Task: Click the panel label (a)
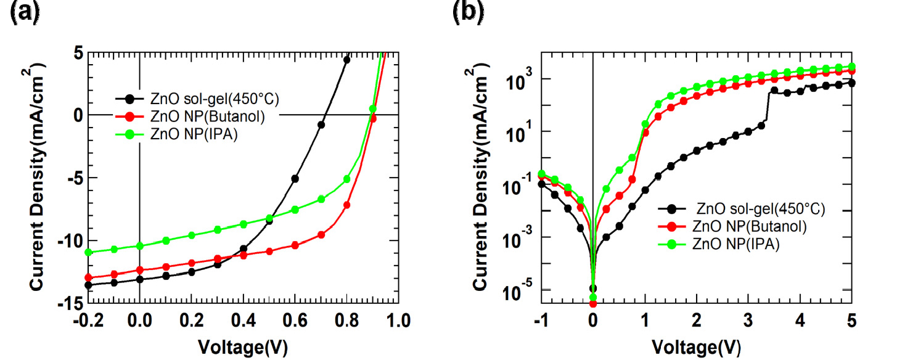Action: pos(24,13)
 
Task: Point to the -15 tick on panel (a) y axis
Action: pos(73,303)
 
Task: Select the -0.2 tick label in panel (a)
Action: pos(88,321)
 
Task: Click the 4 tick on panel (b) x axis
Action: pos(800,321)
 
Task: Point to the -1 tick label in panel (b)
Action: pos(540,321)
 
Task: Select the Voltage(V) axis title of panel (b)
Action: pos(696,345)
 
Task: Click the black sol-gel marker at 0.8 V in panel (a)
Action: pos(346,60)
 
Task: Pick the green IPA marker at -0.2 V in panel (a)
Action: pos(88,252)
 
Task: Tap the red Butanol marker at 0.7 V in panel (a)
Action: pos(321,234)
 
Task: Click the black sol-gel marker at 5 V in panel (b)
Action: pos(851,83)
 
